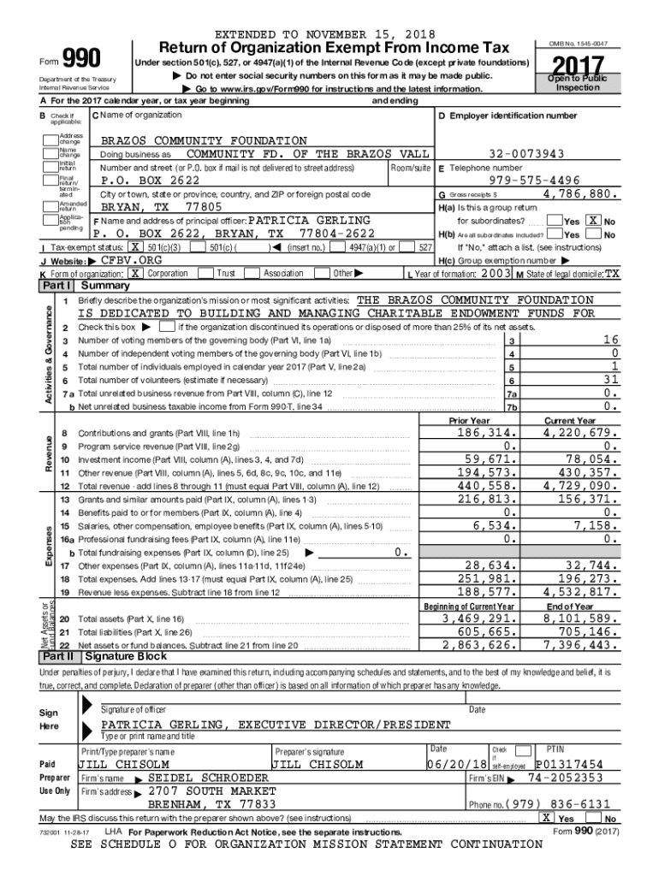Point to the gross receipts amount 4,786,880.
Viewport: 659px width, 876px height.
[x=579, y=194]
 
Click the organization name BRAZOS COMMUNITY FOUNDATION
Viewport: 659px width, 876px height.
[x=204, y=140]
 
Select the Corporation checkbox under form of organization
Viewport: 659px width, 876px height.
[x=134, y=273]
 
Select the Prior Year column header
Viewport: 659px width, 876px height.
[x=469, y=421]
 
